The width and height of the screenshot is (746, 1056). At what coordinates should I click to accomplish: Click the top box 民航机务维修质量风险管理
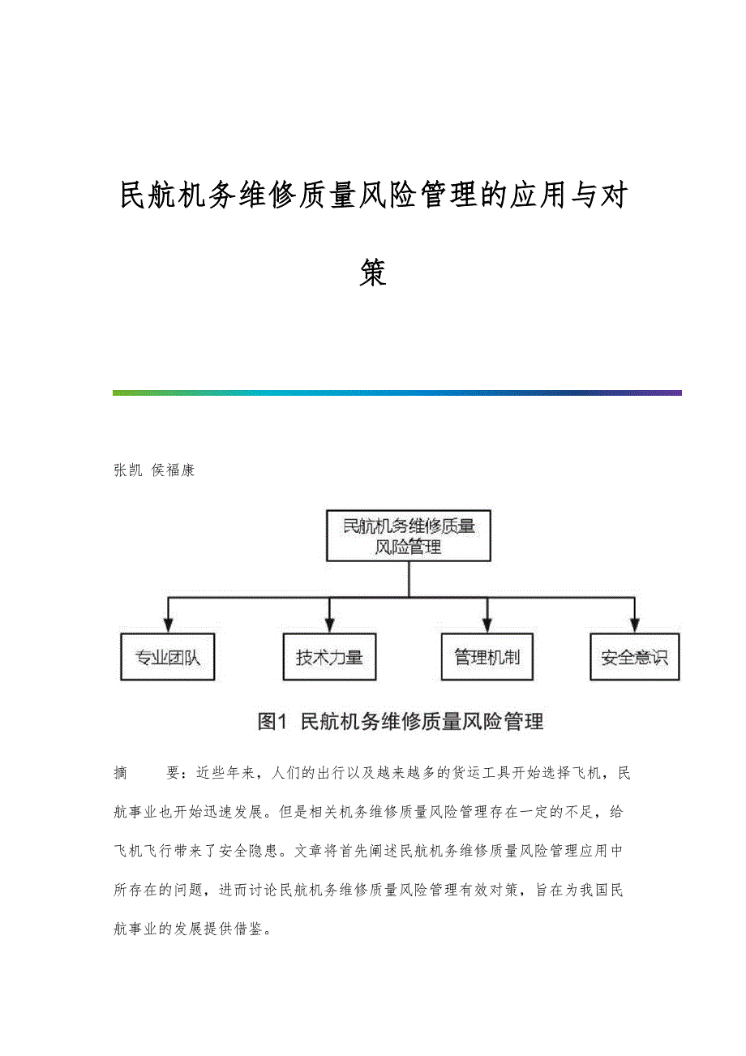(x=409, y=535)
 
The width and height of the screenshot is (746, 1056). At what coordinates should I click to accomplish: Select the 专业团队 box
(x=167, y=657)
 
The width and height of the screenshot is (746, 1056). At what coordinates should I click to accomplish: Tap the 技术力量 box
(x=329, y=657)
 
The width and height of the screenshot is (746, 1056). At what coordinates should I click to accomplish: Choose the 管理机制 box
(x=487, y=657)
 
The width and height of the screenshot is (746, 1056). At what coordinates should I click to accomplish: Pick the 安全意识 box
(x=634, y=657)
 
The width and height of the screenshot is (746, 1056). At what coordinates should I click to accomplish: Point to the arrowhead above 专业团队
(x=168, y=625)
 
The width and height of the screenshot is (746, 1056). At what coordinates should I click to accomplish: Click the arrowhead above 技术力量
(x=329, y=625)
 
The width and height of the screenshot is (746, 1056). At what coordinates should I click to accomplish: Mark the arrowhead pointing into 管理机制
(x=487, y=625)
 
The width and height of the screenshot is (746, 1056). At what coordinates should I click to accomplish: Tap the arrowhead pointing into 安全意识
(x=635, y=625)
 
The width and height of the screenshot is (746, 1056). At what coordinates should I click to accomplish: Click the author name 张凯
(x=127, y=470)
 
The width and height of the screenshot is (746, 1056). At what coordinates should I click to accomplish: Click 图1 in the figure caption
(x=273, y=721)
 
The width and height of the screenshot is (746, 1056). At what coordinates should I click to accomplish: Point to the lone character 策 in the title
(x=373, y=273)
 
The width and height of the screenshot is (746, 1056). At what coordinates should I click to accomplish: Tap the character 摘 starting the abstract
(x=121, y=773)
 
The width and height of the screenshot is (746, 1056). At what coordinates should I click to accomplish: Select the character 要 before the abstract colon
(x=174, y=773)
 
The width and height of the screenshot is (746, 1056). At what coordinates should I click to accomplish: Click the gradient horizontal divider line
(x=397, y=393)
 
